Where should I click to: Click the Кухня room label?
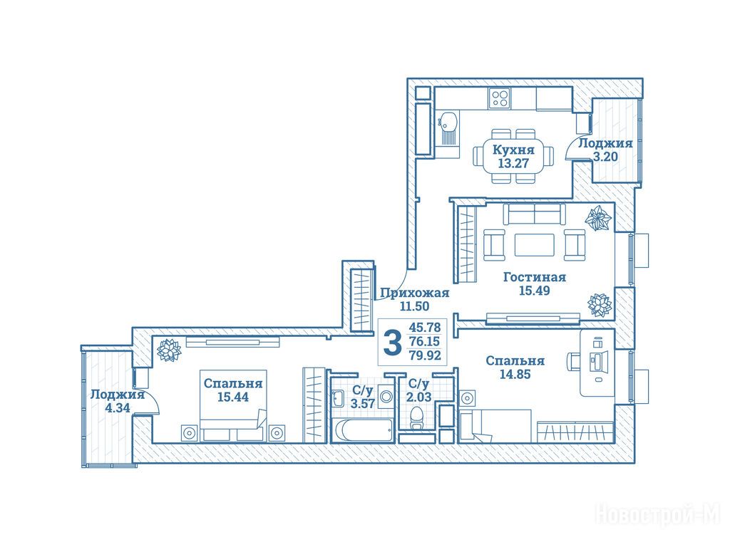click(x=513, y=150)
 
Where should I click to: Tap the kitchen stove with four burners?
click(x=500, y=98)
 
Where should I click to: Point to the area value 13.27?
click(x=513, y=164)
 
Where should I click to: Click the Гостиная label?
click(x=535, y=277)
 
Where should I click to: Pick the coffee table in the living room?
click(x=535, y=245)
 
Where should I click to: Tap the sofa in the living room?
click(x=535, y=214)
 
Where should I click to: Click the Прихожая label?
click(x=414, y=293)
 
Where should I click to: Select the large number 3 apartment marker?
click(x=392, y=343)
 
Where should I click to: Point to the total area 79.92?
click(x=424, y=356)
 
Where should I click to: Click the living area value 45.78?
click(x=424, y=328)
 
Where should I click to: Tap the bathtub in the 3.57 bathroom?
click(x=362, y=430)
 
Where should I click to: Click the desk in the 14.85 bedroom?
click(x=597, y=363)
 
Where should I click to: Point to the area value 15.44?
click(x=233, y=397)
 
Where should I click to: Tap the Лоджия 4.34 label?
click(x=118, y=402)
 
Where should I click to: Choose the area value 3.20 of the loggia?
click(x=605, y=157)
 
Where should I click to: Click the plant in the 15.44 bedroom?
click(x=168, y=350)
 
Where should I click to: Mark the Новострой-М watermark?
click(x=658, y=515)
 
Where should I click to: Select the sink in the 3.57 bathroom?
click(x=339, y=397)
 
